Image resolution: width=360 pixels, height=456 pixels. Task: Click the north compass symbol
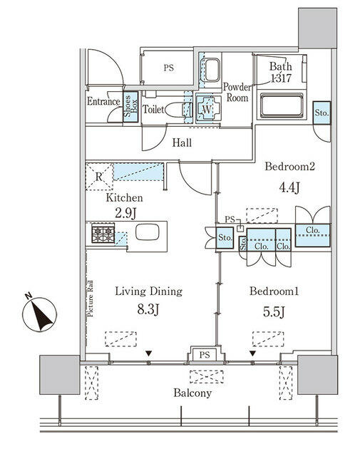(x=39, y=314)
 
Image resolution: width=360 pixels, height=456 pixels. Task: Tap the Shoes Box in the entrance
(x=130, y=106)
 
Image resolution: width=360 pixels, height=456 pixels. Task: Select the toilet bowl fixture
(x=175, y=110)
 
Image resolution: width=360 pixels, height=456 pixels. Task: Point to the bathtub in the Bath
(x=282, y=105)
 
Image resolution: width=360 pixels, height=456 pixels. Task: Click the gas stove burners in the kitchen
(x=103, y=233)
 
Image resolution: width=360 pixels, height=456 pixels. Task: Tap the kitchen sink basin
(x=148, y=232)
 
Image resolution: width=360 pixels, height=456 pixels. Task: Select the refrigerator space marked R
(x=99, y=177)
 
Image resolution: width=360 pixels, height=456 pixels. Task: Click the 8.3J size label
(x=148, y=310)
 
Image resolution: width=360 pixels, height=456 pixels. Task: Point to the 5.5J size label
(x=274, y=312)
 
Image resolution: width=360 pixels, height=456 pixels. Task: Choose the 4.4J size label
(x=289, y=187)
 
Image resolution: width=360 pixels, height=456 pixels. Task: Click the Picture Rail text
(x=91, y=298)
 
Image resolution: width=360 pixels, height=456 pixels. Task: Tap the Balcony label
(x=192, y=393)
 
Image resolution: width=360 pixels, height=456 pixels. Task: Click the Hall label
(x=182, y=142)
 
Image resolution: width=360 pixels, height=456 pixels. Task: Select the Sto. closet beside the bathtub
(x=322, y=113)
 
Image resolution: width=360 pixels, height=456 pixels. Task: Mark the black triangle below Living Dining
(x=149, y=353)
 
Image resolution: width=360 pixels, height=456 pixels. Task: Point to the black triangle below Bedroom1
(x=252, y=353)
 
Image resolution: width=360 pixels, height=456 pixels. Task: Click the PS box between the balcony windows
(x=205, y=355)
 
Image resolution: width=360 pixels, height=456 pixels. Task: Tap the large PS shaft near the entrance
(x=168, y=68)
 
